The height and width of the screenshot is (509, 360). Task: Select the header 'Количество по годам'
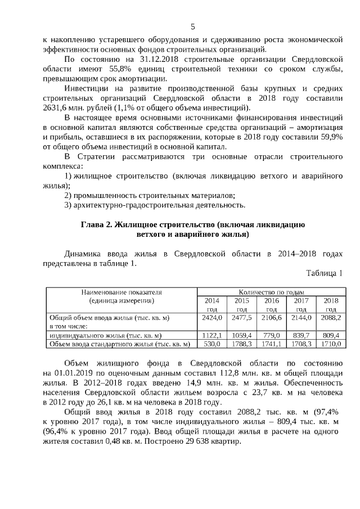[271, 292]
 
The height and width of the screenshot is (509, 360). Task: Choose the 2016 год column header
[271, 304]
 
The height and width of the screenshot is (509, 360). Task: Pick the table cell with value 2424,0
[212, 317]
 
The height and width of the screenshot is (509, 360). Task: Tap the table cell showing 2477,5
[241, 317]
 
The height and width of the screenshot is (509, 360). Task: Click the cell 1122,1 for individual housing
[212, 335]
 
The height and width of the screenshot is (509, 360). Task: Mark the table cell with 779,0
[271, 335]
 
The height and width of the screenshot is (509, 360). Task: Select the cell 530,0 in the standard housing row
[212, 343]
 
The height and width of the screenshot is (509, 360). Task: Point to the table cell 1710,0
[331, 343]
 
